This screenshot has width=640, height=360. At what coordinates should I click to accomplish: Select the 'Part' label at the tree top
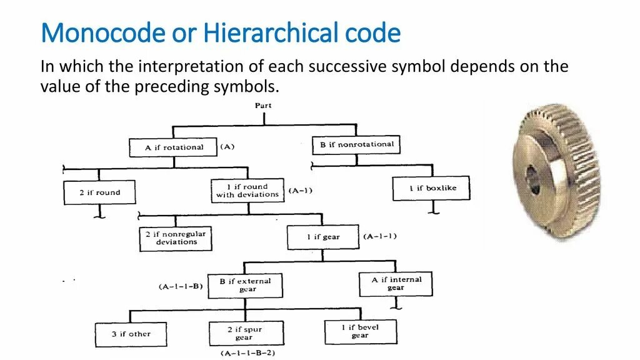[263, 106]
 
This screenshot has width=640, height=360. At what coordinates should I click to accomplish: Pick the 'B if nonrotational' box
[356, 145]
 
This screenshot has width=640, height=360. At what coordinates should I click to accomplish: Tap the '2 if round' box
[99, 192]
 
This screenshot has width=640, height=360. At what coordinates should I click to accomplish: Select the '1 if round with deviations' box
[247, 191]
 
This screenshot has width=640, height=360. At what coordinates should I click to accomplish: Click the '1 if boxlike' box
[431, 188]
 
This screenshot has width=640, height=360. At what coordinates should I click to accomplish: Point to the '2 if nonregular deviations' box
[176, 238]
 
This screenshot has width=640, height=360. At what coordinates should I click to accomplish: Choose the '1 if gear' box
[323, 237]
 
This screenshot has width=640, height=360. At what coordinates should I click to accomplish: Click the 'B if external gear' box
[246, 285]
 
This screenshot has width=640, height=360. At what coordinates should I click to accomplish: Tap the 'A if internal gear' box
[396, 284]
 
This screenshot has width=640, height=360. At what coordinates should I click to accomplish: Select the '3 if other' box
[131, 334]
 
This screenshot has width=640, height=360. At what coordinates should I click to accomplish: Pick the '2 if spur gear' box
[246, 333]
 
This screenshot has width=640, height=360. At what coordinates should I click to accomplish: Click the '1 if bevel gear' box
[361, 331]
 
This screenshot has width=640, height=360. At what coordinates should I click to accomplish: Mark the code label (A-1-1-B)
[181, 286]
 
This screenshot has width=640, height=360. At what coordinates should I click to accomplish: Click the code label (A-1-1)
[379, 236]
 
